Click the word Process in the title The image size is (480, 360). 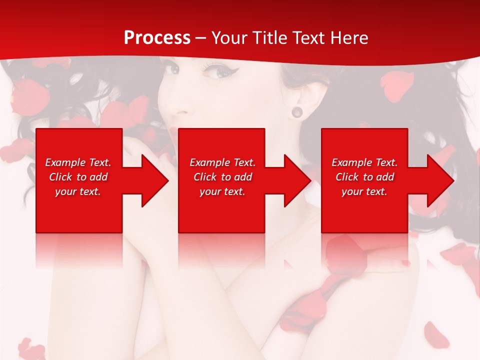click(x=157, y=38)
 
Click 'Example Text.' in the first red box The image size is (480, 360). click(x=78, y=162)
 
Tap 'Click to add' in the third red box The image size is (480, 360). click(x=364, y=177)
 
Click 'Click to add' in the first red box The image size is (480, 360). click(x=78, y=177)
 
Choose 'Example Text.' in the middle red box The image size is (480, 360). click(x=222, y=162)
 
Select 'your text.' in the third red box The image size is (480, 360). click(x=364, y=191)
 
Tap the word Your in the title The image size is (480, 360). click(x=230, y=38)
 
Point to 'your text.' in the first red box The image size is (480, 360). click(x=78, y=191)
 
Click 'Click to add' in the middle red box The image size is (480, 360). click(x=222, y=177)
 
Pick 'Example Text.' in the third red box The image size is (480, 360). click(x=364, y=162)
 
